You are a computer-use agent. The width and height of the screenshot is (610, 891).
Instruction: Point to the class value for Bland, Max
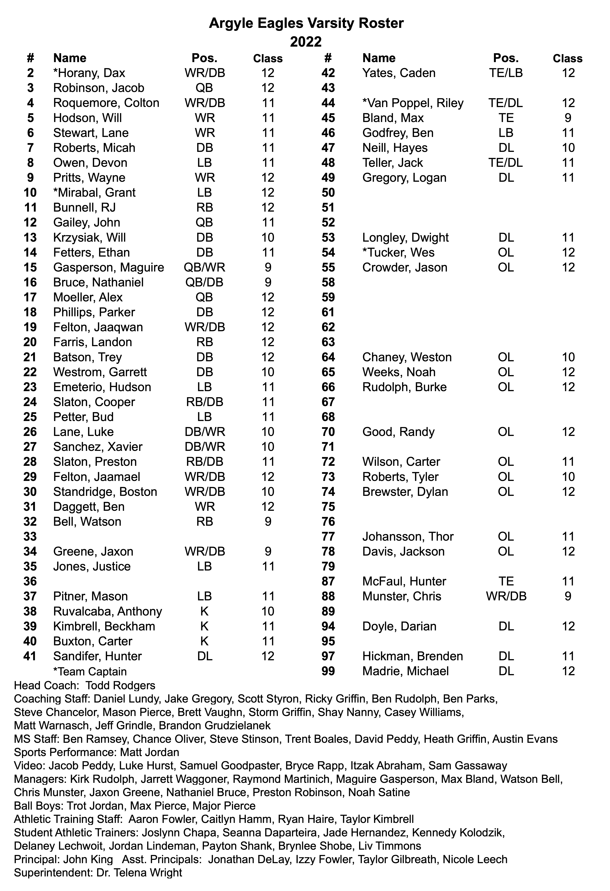point(568,118)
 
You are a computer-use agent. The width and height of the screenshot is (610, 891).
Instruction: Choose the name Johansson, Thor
point(408,536)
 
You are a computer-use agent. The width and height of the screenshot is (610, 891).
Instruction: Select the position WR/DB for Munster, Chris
point(506,596)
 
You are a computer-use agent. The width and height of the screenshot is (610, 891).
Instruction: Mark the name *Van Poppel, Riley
point(413,103)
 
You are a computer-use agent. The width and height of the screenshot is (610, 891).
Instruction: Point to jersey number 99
point(328,671)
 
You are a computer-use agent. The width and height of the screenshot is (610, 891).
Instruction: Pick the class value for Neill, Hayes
point(568,148)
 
